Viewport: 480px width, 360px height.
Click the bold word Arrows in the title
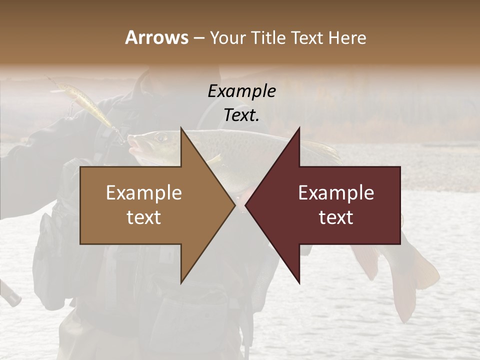point(157,37)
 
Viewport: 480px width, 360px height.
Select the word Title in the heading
point(268,38)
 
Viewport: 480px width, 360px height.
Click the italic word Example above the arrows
point(241,91)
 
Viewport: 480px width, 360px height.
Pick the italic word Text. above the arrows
point(241,115)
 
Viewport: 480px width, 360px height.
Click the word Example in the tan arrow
point(144,193)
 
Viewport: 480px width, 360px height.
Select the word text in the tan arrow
point(144,217)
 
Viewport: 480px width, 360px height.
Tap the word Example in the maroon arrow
point(336,193)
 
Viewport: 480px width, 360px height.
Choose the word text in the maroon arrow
point(336,217)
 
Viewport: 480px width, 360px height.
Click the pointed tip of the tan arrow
point(234,205)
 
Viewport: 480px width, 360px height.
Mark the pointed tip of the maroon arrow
point(245,205)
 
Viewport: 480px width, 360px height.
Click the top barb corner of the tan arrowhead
point(181,128)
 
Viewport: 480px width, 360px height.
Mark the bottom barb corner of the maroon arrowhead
point(299,283)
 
